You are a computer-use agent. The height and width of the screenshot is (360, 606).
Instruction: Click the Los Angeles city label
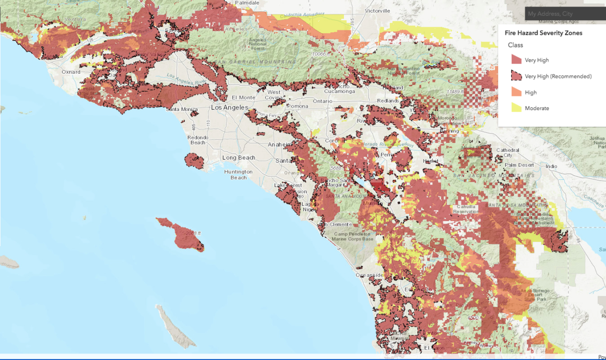pos(229,108)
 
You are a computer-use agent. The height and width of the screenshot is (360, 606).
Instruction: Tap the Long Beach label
pos(239,158)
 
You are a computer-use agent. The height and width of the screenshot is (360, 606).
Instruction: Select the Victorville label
pos(378,11)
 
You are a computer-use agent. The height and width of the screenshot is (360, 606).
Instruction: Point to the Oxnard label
pos(71,72)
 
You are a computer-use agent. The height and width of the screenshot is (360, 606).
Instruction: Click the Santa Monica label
pos(182,109)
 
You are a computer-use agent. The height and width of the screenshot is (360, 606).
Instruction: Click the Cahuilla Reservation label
pos(465,210)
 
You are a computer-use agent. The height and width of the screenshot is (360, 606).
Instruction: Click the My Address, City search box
pos(565,14)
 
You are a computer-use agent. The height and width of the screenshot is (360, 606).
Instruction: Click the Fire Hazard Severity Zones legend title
pos(543,33)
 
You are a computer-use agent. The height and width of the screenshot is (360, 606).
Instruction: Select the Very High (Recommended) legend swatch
pos(516,76)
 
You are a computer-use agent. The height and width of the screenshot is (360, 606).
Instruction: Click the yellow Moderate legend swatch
pos(516,108)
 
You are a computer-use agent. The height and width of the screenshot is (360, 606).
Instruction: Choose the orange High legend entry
pos(530,92)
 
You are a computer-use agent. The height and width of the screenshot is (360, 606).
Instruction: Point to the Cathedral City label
pos(508,152)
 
